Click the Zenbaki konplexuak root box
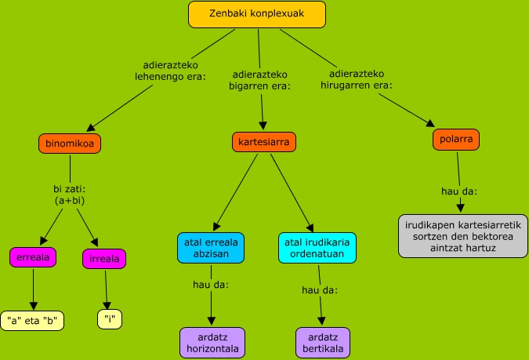257,14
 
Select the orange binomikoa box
71,144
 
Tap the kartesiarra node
264,143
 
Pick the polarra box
455,140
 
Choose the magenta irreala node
104,259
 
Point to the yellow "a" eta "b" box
32,320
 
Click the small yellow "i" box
110,319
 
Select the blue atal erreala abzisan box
210,247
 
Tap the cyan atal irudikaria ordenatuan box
317,247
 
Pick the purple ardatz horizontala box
212,342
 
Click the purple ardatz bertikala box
323,342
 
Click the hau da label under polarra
459,191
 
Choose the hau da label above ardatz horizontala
211,284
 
